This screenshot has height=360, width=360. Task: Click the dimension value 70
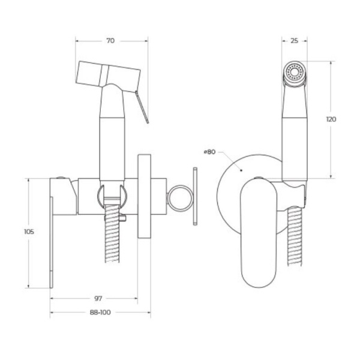(110, 41)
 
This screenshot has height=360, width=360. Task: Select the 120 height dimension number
(332, 119)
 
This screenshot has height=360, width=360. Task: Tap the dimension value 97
(100, 298)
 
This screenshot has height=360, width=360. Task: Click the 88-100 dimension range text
(100, 313)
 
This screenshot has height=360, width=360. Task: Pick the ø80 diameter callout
(209, 152)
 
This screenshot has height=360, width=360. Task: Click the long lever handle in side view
(56, 234)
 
